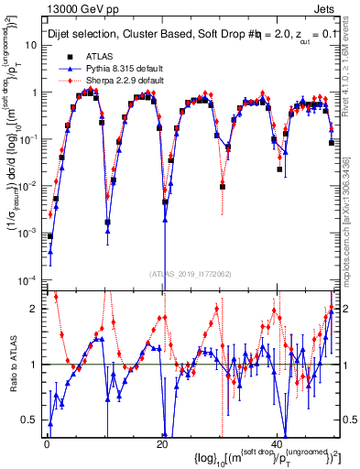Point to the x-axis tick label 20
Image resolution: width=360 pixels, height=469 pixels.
162,444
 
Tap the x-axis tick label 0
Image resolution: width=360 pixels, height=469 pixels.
47,444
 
